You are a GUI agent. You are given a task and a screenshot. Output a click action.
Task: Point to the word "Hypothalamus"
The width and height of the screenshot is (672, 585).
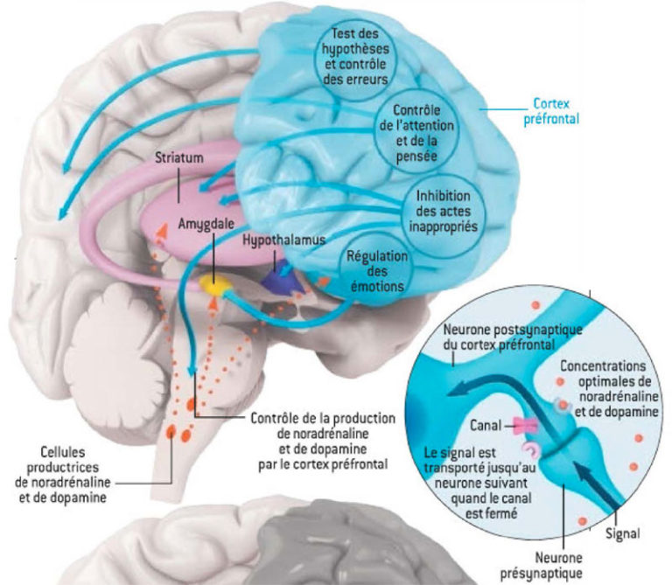(284, 238)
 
